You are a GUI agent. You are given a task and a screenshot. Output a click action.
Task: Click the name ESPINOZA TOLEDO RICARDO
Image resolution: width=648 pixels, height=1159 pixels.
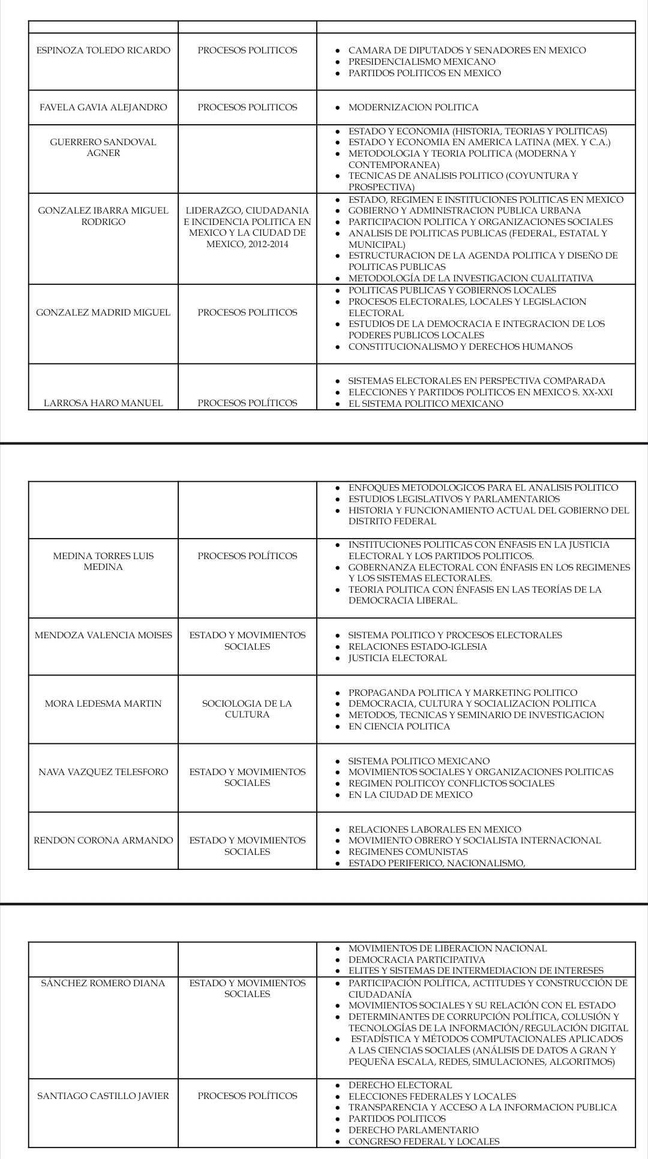pyautogui.click(x=103, y=50)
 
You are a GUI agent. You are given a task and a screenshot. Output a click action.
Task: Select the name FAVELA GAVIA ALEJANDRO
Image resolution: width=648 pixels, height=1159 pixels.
pyautogui.click(x=103, y=107)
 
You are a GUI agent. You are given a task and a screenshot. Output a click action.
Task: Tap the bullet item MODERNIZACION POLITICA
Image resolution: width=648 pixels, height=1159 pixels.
pyautogui.click(x=413, y=107)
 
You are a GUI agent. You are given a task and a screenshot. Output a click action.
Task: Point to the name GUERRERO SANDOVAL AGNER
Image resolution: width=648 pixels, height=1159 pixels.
pyautogui.click(x=103, y=148)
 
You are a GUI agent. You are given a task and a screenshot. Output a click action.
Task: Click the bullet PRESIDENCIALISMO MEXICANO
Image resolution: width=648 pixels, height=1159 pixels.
pyautogui.click(x=422, y=62)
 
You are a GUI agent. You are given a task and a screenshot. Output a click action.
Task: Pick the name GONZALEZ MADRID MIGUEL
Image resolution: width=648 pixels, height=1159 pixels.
pyautogui.click(x=103, y=313)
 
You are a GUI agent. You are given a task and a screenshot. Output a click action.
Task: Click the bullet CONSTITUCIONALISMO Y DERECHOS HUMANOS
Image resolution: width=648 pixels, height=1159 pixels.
pyautogui.click(x=460, y=347)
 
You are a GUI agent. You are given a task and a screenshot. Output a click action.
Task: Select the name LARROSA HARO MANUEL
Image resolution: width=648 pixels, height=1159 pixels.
pyautogui.click(x=103, y=403)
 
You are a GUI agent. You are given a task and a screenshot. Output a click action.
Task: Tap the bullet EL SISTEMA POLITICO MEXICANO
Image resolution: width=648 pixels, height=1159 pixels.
pyautogui.click(x=425, y=404)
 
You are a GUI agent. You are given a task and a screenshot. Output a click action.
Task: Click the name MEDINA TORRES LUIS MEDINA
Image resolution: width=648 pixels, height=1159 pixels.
pyautogui.click(x=103, y=562)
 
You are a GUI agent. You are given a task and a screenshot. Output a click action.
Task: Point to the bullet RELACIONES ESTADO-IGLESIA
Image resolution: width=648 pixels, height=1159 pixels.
pyautogui.click(x=418, y=647)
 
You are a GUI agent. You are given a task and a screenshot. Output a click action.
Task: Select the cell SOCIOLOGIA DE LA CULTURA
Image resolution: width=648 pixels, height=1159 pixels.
pyautogui.click(x=247, y=709)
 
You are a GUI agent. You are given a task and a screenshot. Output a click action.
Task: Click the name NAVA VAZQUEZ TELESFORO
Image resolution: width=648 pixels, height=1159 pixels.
pyautogui.click(x=103, y=772)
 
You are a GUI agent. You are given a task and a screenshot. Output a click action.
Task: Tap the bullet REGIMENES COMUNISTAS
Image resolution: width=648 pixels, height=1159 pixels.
pyautogui.click(x=408, y=852)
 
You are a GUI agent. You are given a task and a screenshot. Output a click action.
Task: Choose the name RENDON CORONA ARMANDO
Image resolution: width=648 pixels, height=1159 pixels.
pyautogui.click(x=103, y=840)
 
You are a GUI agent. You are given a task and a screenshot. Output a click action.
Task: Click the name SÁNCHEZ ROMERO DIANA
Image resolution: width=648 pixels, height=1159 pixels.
pyautogui.click(x=103, y=983)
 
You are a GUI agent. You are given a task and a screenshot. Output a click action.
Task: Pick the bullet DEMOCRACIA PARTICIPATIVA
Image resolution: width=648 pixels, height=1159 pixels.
pyautogui.click(x=417, y=960)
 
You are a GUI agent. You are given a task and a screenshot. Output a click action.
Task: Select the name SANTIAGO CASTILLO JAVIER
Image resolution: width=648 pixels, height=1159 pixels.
pyautogui.click(x=103, y=1096)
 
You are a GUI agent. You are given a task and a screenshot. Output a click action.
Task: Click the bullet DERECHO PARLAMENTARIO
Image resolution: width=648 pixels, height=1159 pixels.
pyautogui.click(x=413, y=1130)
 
